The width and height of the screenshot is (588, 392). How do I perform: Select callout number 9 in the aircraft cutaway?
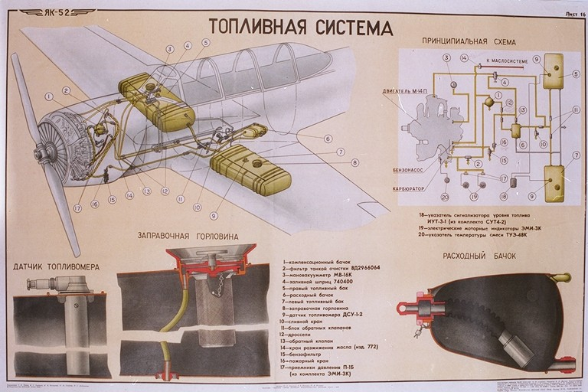click(214, 205)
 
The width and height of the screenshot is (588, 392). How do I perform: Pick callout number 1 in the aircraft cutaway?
click(48, 97)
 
